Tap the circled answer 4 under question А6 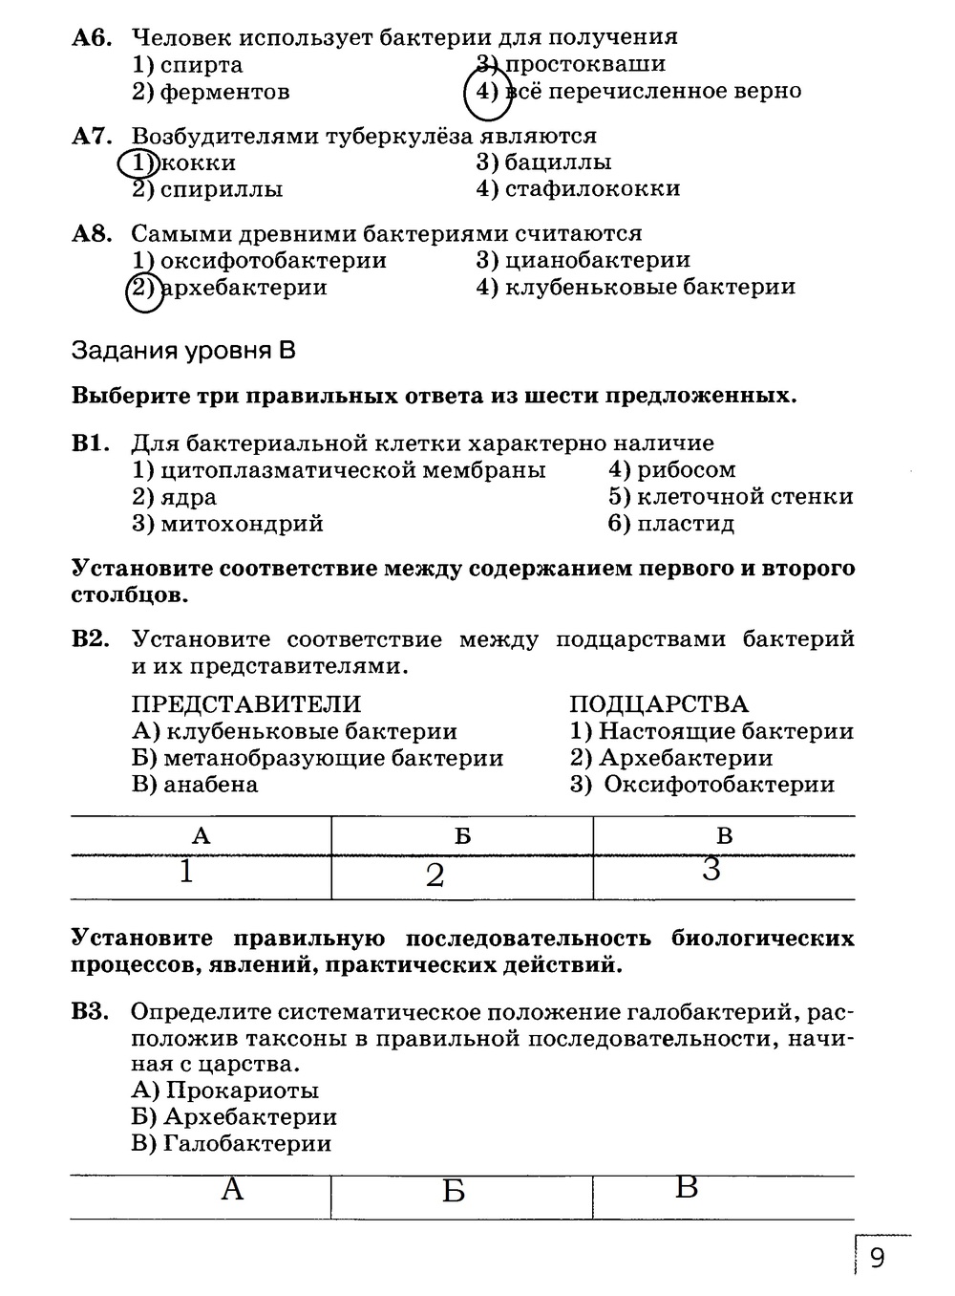pyautogui.click(x=487, y=92)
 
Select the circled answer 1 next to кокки pyautogui.click(x=140, y=163)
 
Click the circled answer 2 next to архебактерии pyautogui.click(x=144, y=288)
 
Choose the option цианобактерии pyautogui.click(x=597, y=260)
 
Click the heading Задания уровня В pyautogui.click(x=183, y=351)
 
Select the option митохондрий pyautogui.click(x=242, y=524)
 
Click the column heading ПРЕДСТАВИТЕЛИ pyautogui.click(x=245, y=704)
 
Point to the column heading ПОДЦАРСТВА pyautogui.click(x=658, y=704)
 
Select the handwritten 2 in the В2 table pyautogui.click(x=435, y=875)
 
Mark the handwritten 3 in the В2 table pyautogui.click(x=711, y=869)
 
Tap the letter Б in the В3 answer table pyautogui.click(x=454, y=1192)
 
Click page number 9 pyautogui.click(x=877, y=1258)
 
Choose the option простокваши pyautogui.click(x=584, y=65)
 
